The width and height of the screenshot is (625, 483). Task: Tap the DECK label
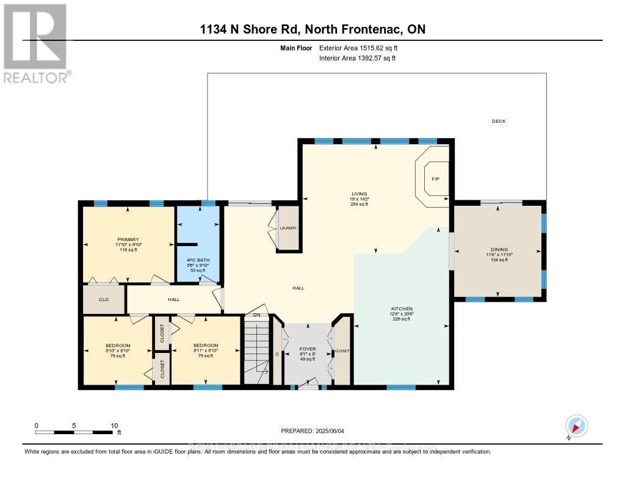click(x=499, y=122)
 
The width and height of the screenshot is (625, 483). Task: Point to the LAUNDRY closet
click(x=288, y=228)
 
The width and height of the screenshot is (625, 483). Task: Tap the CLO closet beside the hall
click(x=104, y=300)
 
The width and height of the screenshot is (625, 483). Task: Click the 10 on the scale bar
click(x=114, y=425)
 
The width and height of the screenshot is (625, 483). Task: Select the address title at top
click(x=312, y=29)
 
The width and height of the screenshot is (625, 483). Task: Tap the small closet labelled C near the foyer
click(x=277, y=354)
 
